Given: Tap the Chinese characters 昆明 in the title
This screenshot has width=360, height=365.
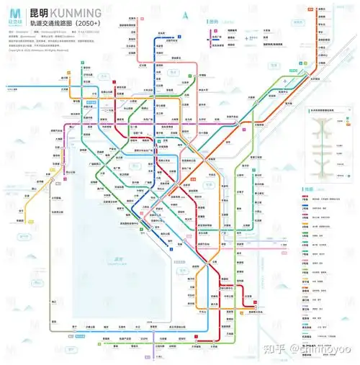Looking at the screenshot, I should (40, 13).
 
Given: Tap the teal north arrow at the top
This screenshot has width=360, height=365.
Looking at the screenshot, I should (186, 14).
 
